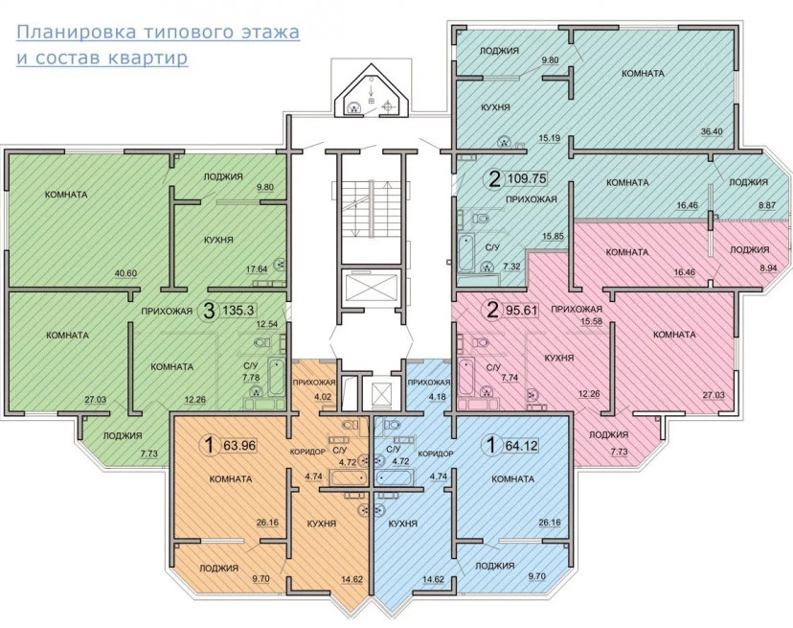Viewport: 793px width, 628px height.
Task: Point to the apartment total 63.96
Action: click(238, 446)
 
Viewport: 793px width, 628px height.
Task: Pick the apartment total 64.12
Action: click(521, 446)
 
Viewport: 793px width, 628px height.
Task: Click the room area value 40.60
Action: click(125, 273)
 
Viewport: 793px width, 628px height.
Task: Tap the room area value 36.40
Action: click(712, 131)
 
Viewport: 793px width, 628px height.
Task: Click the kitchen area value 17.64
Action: click(257, 269)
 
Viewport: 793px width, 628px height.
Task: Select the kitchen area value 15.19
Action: click(549, 138)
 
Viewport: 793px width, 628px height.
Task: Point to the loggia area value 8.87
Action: click(752, 205)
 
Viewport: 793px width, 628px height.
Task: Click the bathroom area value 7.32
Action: click(511, 267)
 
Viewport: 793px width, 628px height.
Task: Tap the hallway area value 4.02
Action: click(323, 397)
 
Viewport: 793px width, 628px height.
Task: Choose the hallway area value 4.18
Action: click(438, 397)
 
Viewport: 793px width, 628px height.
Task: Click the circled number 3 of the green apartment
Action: click(209, 311)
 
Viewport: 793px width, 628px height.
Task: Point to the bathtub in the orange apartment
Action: click(348, 477)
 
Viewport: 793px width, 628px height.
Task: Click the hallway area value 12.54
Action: click(267, 324)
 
